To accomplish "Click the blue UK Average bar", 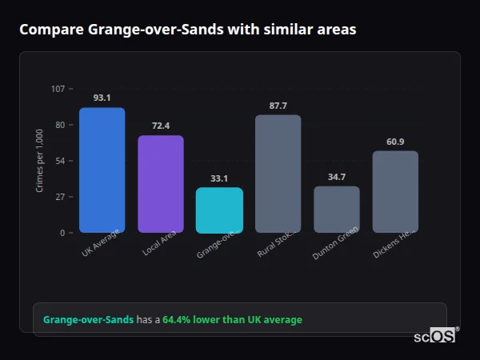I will pyautogui.click(x=102, y=170).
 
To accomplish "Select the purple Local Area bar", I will pyautogui.click(x=161, y=184).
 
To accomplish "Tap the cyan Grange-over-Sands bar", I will pyautogui.click(x=219, y=210).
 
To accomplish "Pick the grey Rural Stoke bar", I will pyautogui.click(x=278, y=174).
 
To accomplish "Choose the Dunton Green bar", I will pyautogui.click(x=337, y=209).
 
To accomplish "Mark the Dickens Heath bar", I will pyautogui.click(x=395, y=191).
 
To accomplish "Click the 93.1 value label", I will pyautogui.click(x=102, y=98).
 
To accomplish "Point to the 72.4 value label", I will pyautogui.click(x=161, y=126).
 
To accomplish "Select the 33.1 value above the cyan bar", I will pyautogui.click(x=219, y=178).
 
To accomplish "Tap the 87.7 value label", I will pyautogui.click(x=278, y=106).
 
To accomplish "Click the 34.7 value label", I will pyautogui.click(x=337, y=177).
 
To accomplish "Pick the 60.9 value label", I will pyautogui.click(x=395, y=142).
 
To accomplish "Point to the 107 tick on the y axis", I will pyautogui.click(x=58, y=89).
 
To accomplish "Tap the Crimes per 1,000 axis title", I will pyautogui.click(x=40, y=162).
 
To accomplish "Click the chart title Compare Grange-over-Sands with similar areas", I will pyautogui.click(x=188, y=30).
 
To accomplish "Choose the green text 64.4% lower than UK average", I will pyautogui.click(x=232, y=320).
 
